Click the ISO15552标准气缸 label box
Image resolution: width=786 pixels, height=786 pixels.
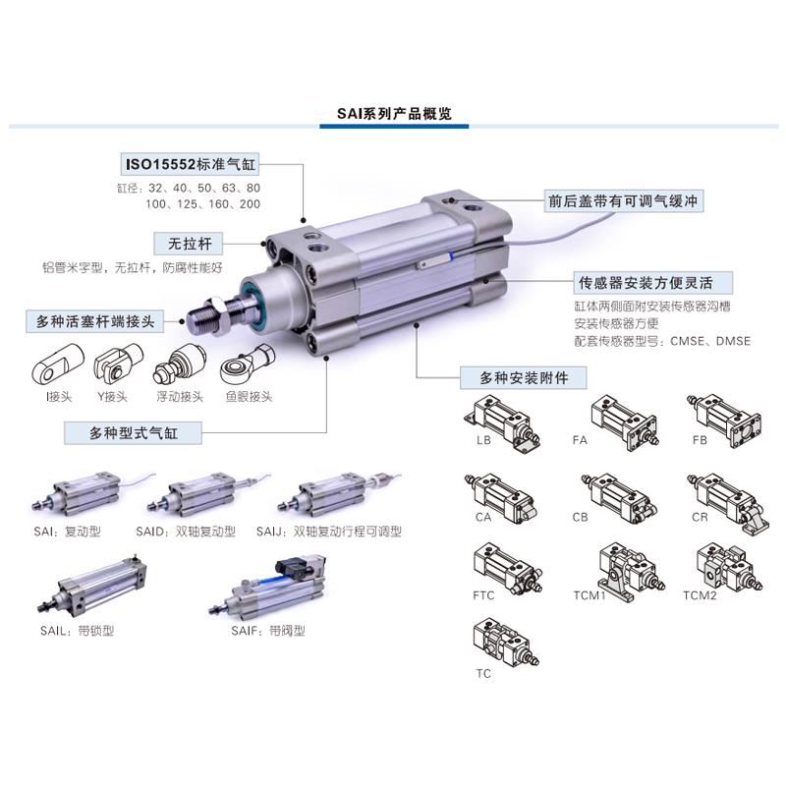point(195,163)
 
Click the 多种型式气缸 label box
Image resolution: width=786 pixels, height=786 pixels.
point(133,431)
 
